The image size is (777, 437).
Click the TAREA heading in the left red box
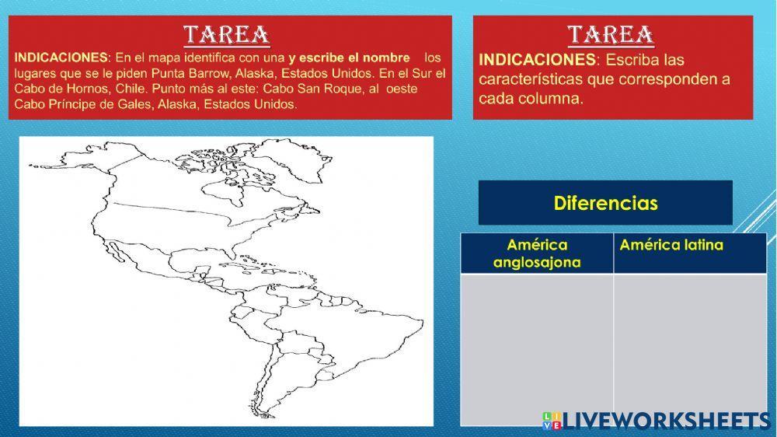[x=226, y=34]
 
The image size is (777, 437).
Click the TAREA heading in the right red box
[x=610, y=35]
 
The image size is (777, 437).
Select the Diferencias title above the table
[x=605, y=203]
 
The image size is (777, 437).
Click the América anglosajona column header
[x=536, y=253]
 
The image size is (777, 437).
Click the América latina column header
[x=671, y=246]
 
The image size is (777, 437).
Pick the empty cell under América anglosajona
[x=536, y=349]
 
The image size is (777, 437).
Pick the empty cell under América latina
[x=689, y=349]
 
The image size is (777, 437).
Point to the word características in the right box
[x=528, y=80]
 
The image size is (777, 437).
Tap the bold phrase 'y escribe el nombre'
[x=349, y=58]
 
